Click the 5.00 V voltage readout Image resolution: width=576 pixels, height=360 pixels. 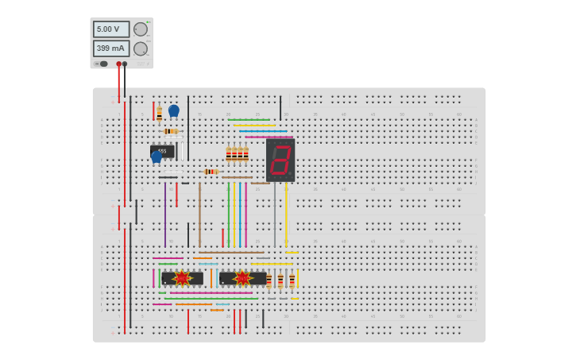pos(110,29)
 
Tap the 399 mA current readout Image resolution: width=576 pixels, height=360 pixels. pos(110,48)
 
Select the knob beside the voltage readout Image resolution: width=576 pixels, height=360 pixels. pos(141,29)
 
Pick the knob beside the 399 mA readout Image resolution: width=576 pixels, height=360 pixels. pos(141,48)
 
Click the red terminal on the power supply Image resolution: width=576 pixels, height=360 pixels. pos(118,64)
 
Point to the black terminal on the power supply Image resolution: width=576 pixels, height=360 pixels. pos(125,64)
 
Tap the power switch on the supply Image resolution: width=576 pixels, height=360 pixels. pos(103,64)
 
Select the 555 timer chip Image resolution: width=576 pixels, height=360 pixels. pos(162,150)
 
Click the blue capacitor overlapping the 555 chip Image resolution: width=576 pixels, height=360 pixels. pos(157,157)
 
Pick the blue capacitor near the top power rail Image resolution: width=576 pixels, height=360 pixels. pos(173,110)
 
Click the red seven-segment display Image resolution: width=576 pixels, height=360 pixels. pos(280,160)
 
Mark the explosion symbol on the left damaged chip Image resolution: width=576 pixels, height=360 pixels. pos(182,278)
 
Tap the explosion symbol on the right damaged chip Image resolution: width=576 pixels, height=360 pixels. pos(242,278)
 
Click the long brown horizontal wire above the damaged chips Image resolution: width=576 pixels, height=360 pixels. pos(230,253)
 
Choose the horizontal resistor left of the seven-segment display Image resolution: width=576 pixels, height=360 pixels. pos(211,172)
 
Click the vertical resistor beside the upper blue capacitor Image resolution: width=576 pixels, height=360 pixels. pos(159,113)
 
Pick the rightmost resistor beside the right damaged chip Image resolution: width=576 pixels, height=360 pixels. pos(292,280)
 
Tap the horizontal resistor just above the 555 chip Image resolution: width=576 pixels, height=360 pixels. pos(171,131)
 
